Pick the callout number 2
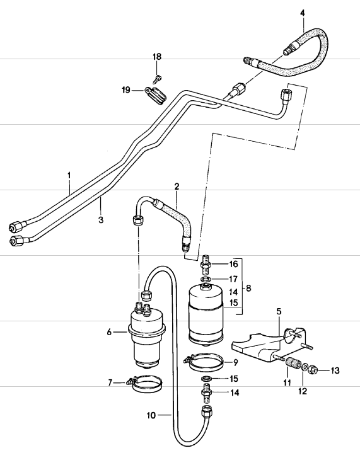[177, 186]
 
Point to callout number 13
[335, 370]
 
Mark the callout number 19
[127, 91]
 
